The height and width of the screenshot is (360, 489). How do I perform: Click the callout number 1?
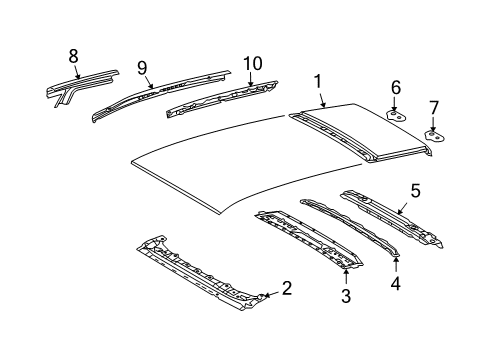(318, 81)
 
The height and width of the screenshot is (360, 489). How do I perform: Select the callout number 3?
(346, 295)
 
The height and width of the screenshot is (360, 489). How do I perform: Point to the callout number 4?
(395, 283)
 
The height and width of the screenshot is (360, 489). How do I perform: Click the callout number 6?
(395, 88)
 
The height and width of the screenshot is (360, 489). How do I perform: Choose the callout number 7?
(433, 107)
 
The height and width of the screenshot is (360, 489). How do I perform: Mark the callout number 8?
(73, 57)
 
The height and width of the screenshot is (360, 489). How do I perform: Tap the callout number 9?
(143, 68)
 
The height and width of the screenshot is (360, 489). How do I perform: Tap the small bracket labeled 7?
(434, 133)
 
